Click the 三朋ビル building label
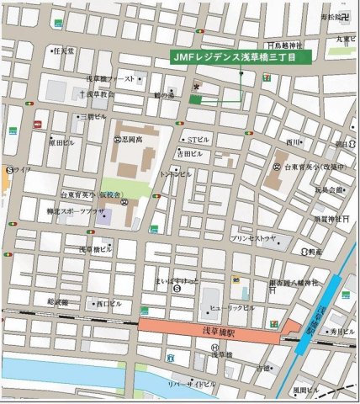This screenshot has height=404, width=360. coord(92,117)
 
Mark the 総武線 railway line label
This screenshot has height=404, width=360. coord(58,301)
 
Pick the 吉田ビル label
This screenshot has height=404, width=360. coord(189,155)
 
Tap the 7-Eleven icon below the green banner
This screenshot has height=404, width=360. coord(267,76)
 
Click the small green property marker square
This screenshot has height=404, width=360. coord(195,99)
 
